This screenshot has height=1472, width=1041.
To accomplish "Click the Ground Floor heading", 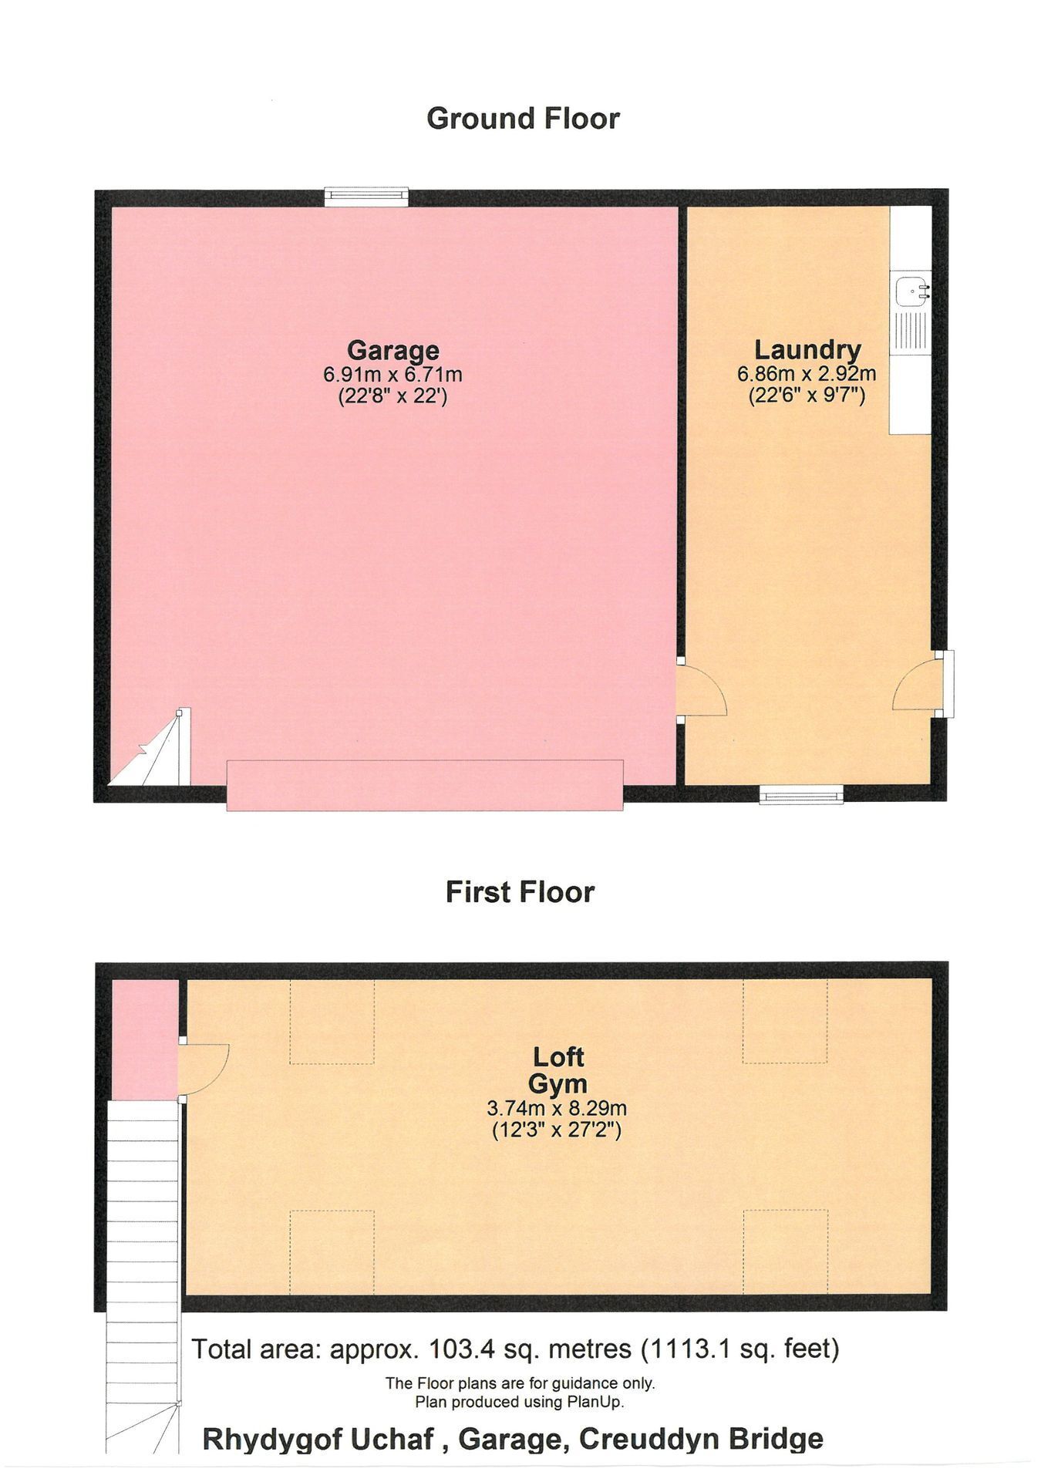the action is [x=523, y=119].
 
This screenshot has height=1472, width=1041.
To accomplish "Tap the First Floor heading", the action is [x=520, y=892].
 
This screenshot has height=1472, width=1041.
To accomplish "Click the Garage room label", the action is [x=392, y=350].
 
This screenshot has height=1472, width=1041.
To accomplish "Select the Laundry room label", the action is [x=807, y=350].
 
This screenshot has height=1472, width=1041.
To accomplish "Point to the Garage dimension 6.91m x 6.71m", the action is [x=392, y=376].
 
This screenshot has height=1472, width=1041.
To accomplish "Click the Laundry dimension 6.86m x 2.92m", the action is [x=807, y=376].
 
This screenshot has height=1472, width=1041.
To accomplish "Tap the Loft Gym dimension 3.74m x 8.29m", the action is [x=556, y=1109].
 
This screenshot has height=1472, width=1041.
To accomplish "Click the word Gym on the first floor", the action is [x=557, y=1083].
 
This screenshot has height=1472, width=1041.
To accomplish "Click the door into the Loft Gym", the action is [x=203, y=1068].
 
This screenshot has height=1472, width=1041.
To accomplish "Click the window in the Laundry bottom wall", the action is [x=800, y=793].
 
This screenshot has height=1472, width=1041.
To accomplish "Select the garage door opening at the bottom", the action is [x=424, y=785].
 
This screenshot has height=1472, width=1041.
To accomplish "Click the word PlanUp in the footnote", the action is [x=597, y=1403].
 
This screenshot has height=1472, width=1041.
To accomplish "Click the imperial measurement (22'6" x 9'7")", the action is [x=807, y=396].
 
